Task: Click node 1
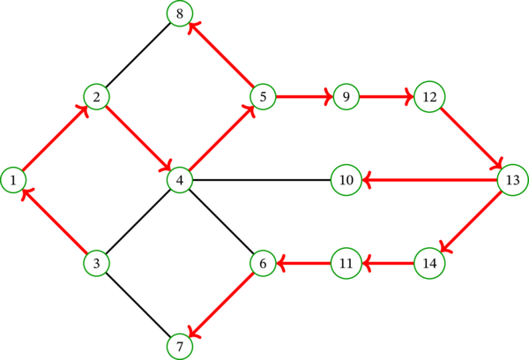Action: point(13,180)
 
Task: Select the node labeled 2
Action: point(96,96)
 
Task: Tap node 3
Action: point(96,263)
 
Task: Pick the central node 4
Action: point(180,180)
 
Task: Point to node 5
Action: point(263,96)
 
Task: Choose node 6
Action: point(263,263)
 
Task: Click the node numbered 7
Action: point(180,346)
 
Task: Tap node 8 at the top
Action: point(180,13)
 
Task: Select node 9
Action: point(346,96)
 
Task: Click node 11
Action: point(346,263)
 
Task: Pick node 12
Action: point(429,96)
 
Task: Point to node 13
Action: point(512,180)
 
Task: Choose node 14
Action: point(429,263)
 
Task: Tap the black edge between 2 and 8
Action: point(138,55)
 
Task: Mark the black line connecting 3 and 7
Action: point(138,304)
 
